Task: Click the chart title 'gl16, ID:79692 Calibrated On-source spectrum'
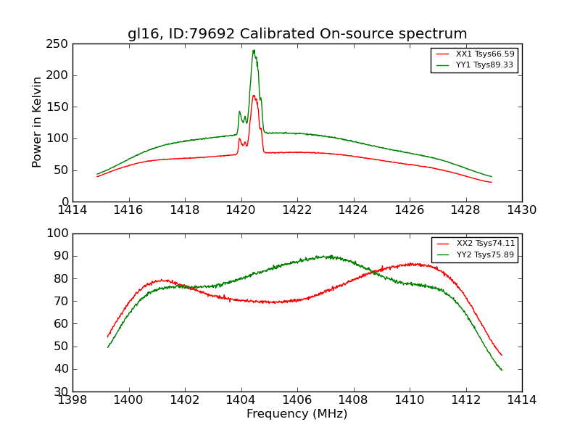coord(297,34)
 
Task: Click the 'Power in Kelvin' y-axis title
coord(37,123)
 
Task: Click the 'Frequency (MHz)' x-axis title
coord(297,414)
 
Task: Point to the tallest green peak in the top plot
coord(254,50)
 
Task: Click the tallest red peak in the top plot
coord(254,95)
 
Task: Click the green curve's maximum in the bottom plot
coord(331,255)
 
